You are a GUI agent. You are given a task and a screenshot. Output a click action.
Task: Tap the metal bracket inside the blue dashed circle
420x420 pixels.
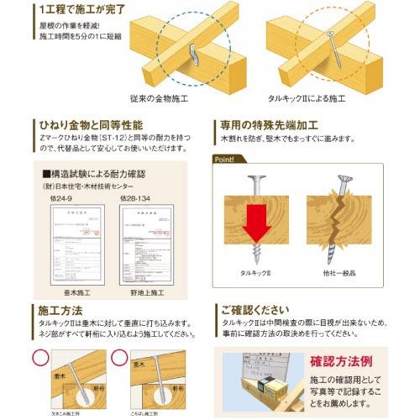pos(196,54)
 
